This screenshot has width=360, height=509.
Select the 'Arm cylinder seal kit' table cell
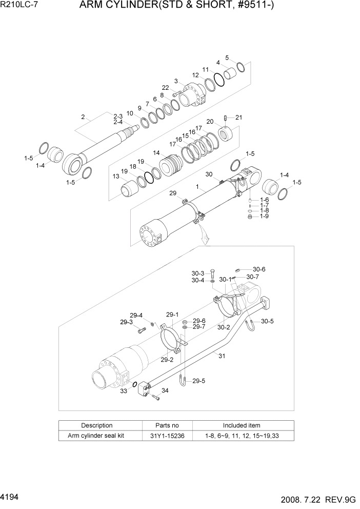coord(97,436)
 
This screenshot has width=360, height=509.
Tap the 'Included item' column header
coord(241,425)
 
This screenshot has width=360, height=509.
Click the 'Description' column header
coord(97,425)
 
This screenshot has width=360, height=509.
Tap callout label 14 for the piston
coord(156,153)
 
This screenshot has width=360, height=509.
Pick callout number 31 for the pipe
coord(222,356)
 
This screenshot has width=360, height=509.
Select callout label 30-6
coord(259,269)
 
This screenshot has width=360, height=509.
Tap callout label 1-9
coord(264,217)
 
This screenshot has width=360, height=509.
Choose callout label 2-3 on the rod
coord(118,116)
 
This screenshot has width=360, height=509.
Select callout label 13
coord(116,176)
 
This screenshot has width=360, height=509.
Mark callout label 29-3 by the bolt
coord(126,322)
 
